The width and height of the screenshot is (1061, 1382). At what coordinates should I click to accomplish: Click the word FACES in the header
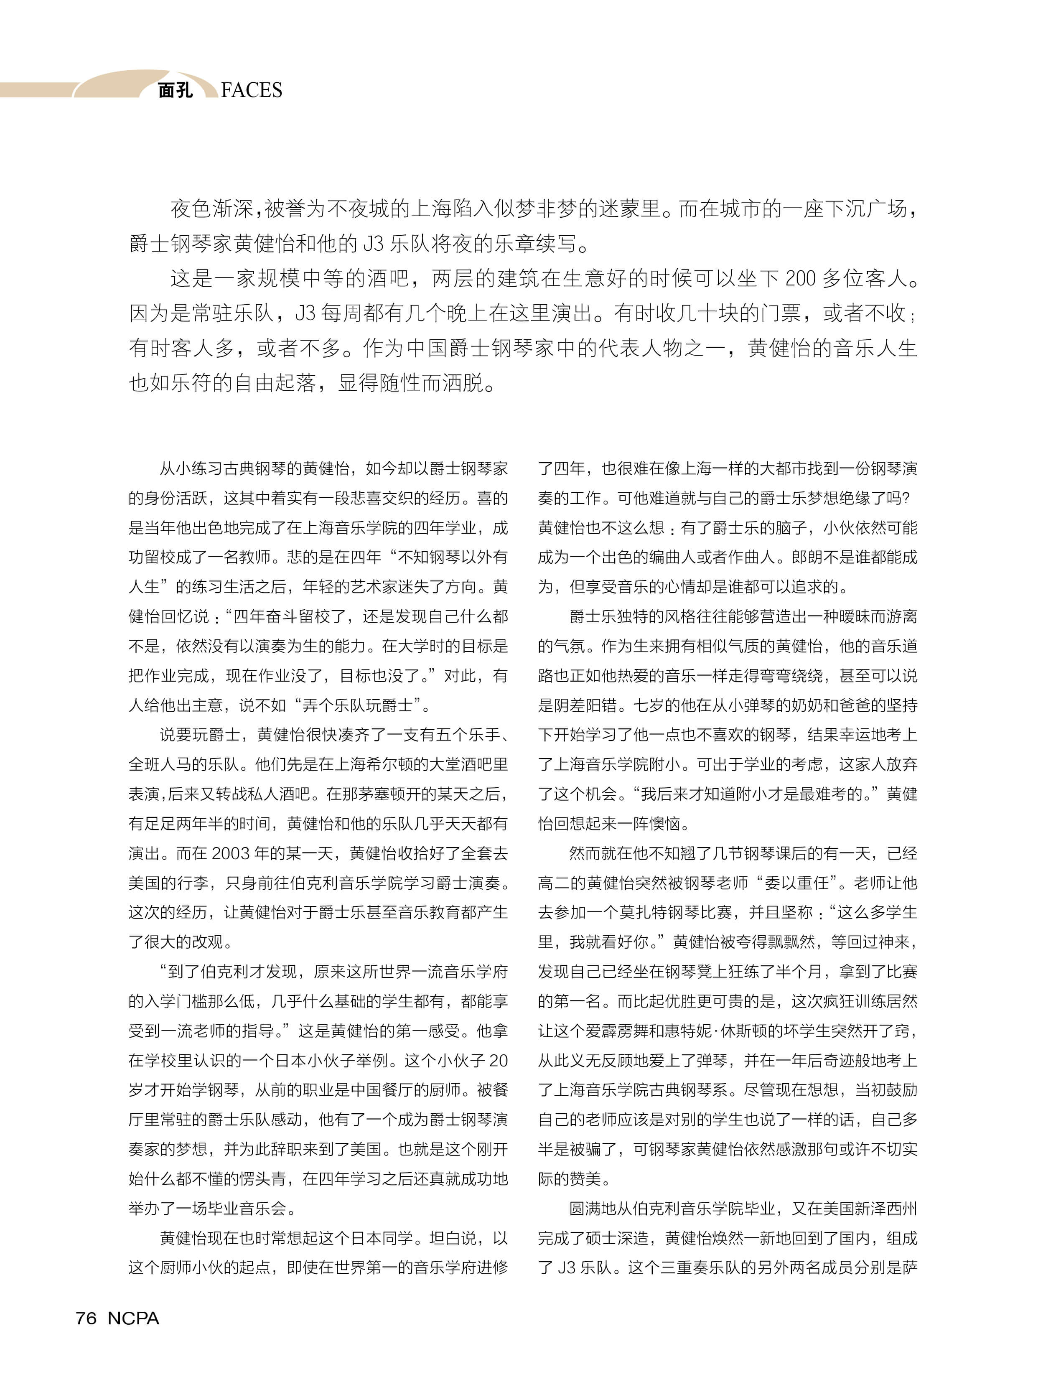[252, 90]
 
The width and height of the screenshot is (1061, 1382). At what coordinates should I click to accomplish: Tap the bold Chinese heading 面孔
[175, 90]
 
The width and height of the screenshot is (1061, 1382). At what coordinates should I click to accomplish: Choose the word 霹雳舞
[609, 1031]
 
